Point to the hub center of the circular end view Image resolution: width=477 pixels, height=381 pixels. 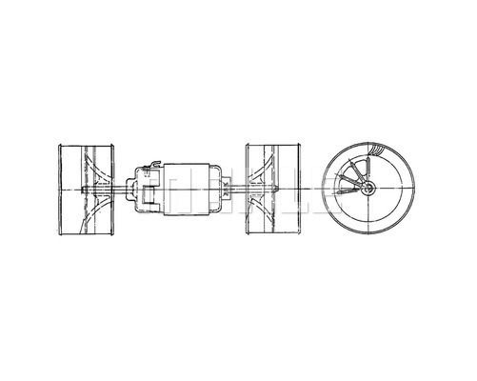pyautogui.click(x=367, y=190)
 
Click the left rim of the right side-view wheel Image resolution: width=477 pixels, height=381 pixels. pyautogui.click(x=248, y=190)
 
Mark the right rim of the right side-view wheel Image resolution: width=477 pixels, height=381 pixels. pyautogui.click(x=302, y=190)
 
